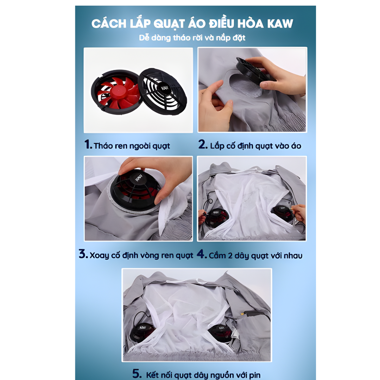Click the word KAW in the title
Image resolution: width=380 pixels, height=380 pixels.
point(280,24)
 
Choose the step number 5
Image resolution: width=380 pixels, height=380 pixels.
point(137,373)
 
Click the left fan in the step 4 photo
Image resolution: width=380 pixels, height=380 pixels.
point(216,218)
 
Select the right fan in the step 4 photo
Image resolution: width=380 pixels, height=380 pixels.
point(282,213)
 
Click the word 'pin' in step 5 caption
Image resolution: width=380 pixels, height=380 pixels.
point(255,375)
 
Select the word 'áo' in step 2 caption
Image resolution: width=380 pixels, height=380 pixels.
point(296,145)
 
